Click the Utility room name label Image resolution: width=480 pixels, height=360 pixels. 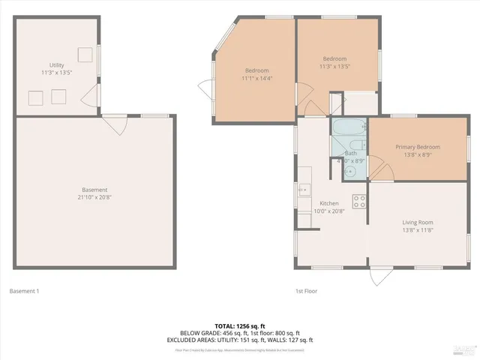click(x=57, y=66)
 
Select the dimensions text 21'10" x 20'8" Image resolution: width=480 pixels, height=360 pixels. click(x=94, y=198)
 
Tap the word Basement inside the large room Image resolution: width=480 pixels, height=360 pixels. click(x=94, y=190)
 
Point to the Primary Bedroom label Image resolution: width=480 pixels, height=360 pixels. click(x=418, y=147)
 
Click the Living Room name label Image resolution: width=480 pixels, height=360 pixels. click(x=418, y=222)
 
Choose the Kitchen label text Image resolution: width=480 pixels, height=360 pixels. click(x=329, y=203)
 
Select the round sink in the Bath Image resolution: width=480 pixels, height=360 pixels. click(x=349, y=171)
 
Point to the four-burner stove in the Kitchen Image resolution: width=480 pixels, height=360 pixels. click(x=359, y=201)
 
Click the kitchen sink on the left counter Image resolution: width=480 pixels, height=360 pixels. click(x=304, y=190)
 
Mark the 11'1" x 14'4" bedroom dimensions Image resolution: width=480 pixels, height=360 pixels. click(x=256, y=77)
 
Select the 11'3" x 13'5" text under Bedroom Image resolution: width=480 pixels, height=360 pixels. click(x=334, y=67)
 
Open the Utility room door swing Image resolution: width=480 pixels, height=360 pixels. click(x=89, y=95)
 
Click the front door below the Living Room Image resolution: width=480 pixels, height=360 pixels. click(x=380, y=275)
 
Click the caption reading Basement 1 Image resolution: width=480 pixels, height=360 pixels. click(x=24, y=291)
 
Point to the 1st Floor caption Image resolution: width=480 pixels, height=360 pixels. click(x=307, y=291)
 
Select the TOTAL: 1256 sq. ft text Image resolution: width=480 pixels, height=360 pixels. click(x=240, y=325)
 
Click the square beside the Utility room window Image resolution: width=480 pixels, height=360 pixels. click(x=85, y=54)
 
